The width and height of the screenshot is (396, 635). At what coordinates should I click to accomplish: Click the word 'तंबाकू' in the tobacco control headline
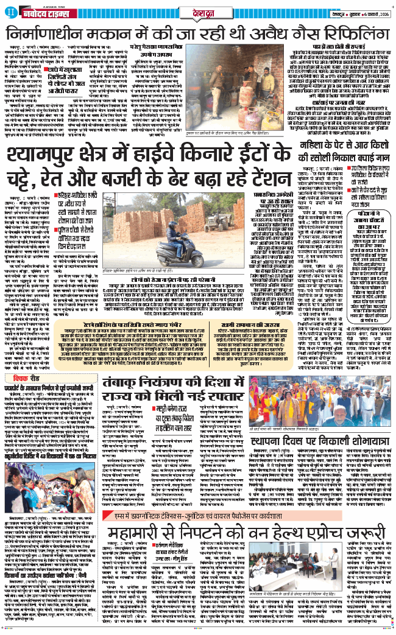(x=143, y=383)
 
